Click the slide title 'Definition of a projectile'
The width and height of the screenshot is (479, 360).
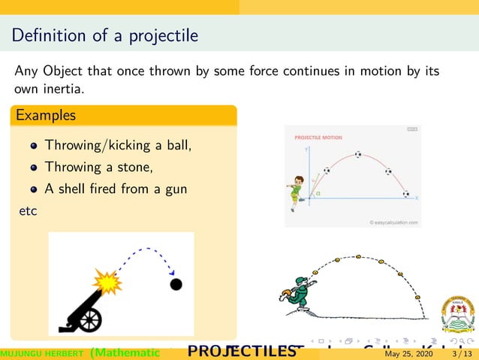tap(105, 35)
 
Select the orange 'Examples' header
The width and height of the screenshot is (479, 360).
tap(46, 116)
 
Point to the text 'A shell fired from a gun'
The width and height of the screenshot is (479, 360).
tap(116, 189)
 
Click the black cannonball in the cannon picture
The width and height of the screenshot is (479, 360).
tap(176, 284)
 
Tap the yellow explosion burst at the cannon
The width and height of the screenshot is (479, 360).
tap(107, 283)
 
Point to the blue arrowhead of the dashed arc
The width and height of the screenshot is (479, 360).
tap(173, 272)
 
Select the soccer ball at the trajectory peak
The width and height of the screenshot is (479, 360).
tap(357, 155)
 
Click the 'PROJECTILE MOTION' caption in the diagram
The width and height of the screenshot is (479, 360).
tap(318, 138)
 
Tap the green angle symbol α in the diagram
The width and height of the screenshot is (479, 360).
tap(318, 193)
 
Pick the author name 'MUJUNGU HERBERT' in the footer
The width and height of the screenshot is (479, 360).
tap(41, 353)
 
